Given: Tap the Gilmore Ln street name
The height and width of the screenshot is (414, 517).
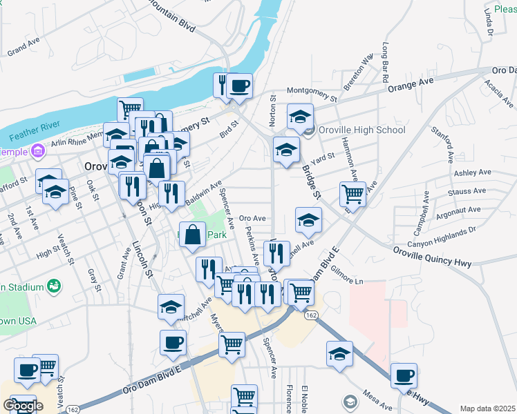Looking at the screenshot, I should pos(346,275).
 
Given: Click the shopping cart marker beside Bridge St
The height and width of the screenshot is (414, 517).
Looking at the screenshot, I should pos(353,194).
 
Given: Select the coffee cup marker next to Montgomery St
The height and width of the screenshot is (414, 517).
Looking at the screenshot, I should pos(240,86).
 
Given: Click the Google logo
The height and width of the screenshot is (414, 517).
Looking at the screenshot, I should pos(23,406).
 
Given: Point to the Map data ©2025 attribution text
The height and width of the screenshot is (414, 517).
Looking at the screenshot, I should pos(487,408).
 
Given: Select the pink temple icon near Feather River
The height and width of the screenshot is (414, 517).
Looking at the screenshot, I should pos(37,150).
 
